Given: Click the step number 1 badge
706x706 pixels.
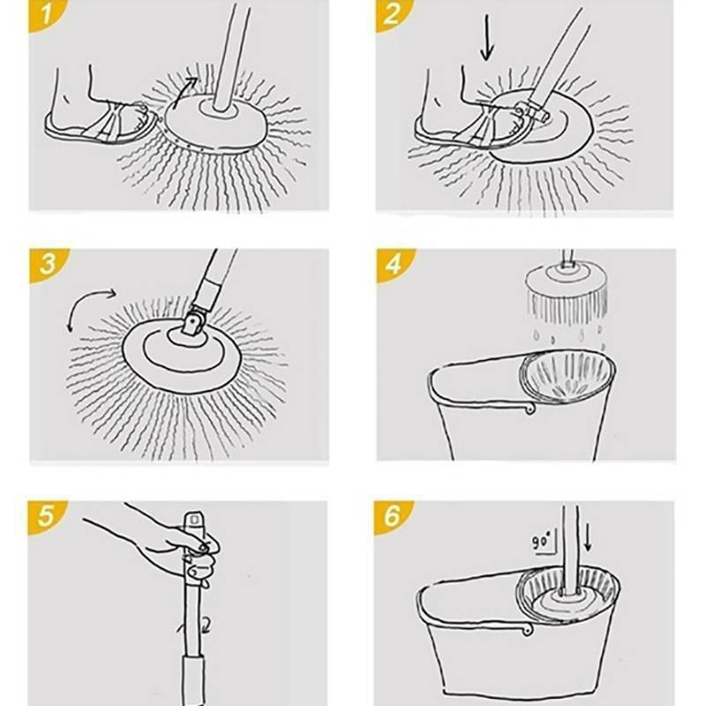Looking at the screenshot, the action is (45, 13).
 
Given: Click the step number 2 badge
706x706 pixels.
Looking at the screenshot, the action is (391, 13).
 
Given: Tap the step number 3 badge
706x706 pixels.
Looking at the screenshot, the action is (46, 264).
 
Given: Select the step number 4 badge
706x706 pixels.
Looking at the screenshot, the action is (393, 264).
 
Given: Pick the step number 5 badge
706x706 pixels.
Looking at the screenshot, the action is (45, 516).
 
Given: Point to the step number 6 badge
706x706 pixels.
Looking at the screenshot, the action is (391, 516).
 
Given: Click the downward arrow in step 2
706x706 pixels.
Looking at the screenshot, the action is (487, 38).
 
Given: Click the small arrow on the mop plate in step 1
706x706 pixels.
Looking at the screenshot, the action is (184, 92).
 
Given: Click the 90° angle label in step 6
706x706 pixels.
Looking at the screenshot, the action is (542, 540).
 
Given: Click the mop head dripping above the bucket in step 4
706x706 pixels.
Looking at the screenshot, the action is (567, 292).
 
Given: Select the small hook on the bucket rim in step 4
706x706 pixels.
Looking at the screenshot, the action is (529, 409).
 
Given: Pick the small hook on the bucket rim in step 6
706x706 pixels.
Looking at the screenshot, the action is (527, 630).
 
